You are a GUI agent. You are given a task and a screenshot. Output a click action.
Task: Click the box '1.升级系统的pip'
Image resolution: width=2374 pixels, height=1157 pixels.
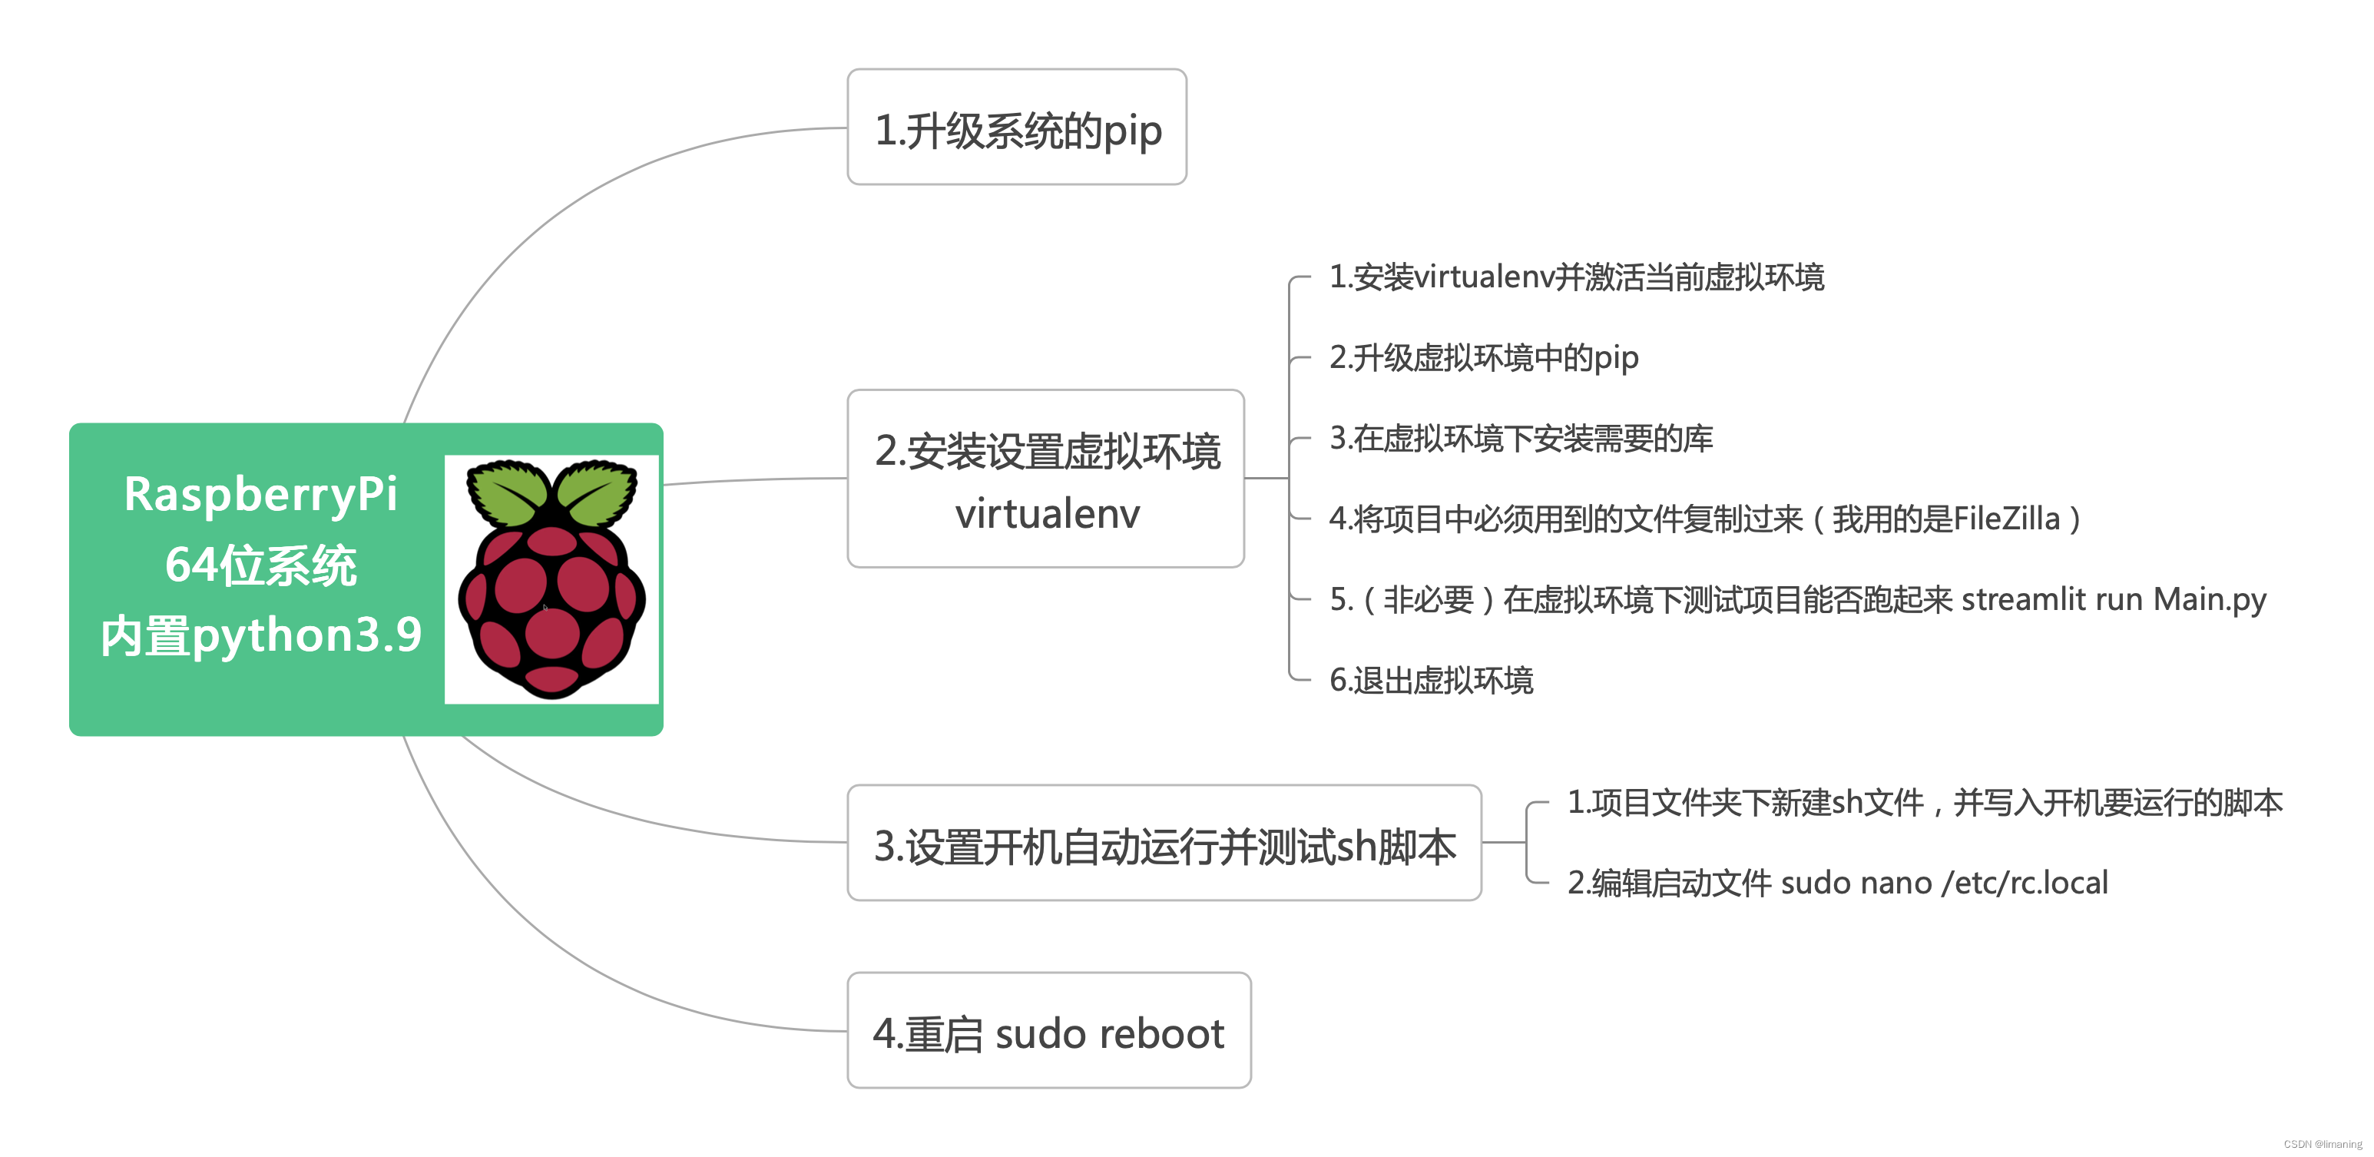(x=1017, y=128)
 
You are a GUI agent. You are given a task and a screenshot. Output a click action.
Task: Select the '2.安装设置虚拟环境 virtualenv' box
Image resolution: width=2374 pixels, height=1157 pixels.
(x=1045, y=479)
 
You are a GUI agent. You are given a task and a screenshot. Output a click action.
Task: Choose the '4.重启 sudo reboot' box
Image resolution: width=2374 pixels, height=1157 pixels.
(x=1049, y=1032)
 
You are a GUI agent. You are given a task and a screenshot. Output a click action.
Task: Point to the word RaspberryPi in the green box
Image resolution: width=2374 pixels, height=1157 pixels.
(x=261, y=494)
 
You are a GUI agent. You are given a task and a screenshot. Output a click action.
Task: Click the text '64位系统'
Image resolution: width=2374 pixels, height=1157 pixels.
(x=261, y=565)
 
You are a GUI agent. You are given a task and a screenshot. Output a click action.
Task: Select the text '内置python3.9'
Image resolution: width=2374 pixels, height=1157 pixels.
(x=261, y=635)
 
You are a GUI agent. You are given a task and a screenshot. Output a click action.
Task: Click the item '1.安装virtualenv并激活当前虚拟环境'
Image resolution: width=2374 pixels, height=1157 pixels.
(x=1576, y=277)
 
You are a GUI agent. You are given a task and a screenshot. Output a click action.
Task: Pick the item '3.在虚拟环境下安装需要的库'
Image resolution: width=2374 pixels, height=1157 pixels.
(x=1521, y=438)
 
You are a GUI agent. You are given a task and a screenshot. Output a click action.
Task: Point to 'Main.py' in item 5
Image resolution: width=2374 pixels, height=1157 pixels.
(x=2209, y=600)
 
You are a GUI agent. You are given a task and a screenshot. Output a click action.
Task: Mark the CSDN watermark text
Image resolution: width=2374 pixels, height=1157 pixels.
(x=2323, y=1144)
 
